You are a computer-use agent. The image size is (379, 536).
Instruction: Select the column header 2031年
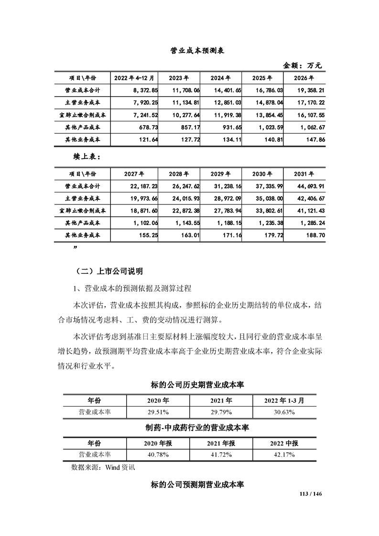click(304, 174)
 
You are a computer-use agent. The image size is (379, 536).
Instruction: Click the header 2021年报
click(221, 443)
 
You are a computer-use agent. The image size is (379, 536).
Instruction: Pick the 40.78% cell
click(158, 455)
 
